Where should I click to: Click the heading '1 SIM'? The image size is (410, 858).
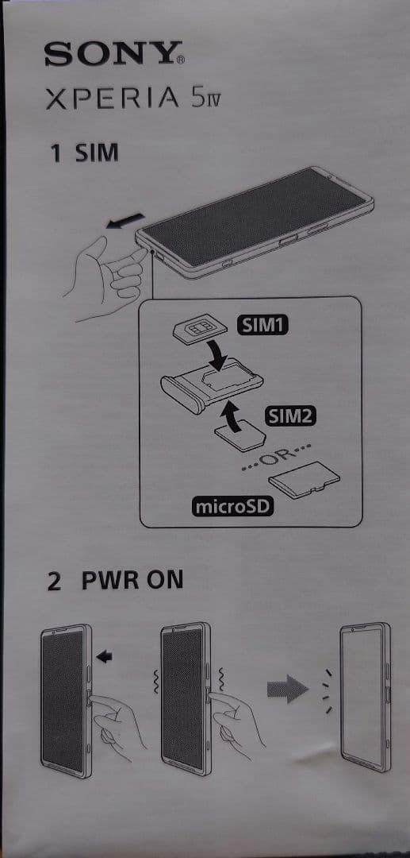[83, 153]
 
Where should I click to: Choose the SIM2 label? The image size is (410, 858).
[289, 416]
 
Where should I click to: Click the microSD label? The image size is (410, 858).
[232, 505]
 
